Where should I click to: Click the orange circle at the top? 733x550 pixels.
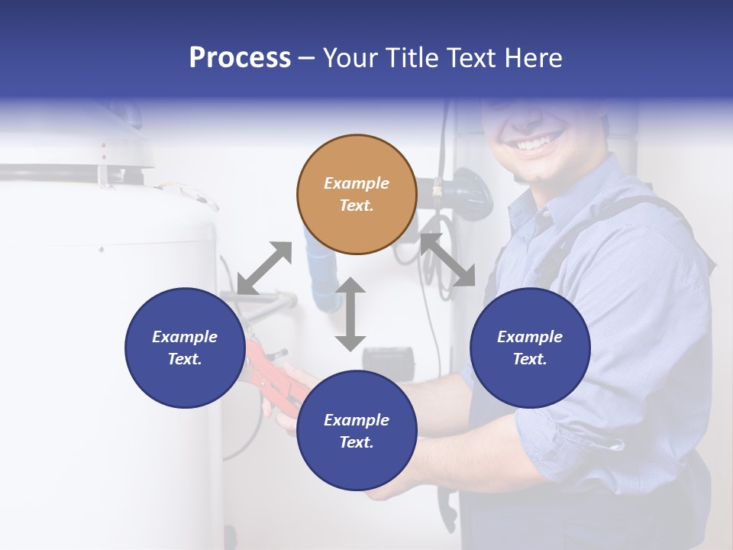357,195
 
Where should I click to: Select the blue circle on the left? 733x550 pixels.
185,348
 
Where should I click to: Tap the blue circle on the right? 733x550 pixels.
530,348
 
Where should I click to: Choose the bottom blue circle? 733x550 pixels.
357,431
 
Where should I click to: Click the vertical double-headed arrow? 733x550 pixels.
350,314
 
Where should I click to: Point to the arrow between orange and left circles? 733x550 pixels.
264,267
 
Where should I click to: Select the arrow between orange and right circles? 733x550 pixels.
447,260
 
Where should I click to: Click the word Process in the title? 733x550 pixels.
240,57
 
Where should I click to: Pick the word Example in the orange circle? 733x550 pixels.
357,183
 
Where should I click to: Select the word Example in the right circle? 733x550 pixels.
530,337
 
